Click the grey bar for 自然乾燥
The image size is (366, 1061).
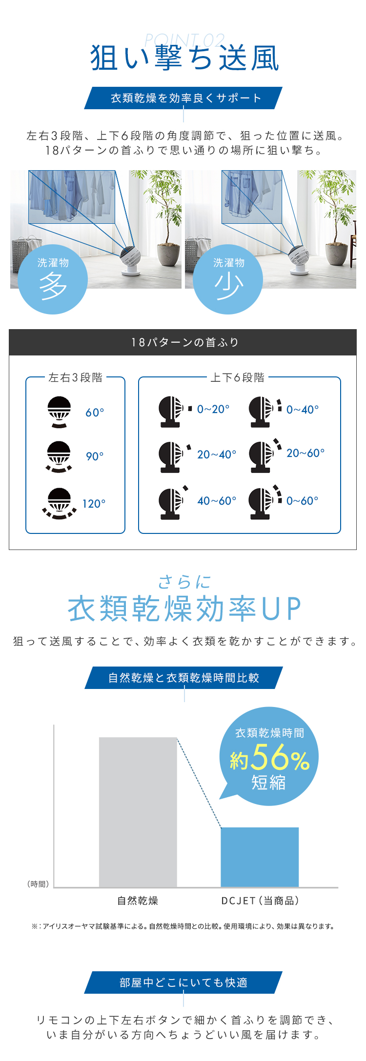point(138,812)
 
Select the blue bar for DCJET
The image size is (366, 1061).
point(260,857)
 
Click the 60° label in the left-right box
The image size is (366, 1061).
point(95,413)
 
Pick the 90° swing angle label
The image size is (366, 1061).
point(95,456)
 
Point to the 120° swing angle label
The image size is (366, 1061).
point(94,504)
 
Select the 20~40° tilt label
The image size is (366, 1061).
point(217,454)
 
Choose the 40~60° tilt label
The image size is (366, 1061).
point(217,501)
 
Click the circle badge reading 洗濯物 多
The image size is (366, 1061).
point(53,279)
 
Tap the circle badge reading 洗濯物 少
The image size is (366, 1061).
point(228,279)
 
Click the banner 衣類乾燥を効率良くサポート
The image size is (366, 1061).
point(183,98)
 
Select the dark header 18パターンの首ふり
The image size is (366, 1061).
point(183,342)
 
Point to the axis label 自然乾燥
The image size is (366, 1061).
point(138,901)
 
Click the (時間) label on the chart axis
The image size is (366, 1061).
point(38,884)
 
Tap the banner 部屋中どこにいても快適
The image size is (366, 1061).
point(183,982)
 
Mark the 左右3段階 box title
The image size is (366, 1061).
point(76,377)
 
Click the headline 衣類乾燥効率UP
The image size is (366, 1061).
point(184,609)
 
